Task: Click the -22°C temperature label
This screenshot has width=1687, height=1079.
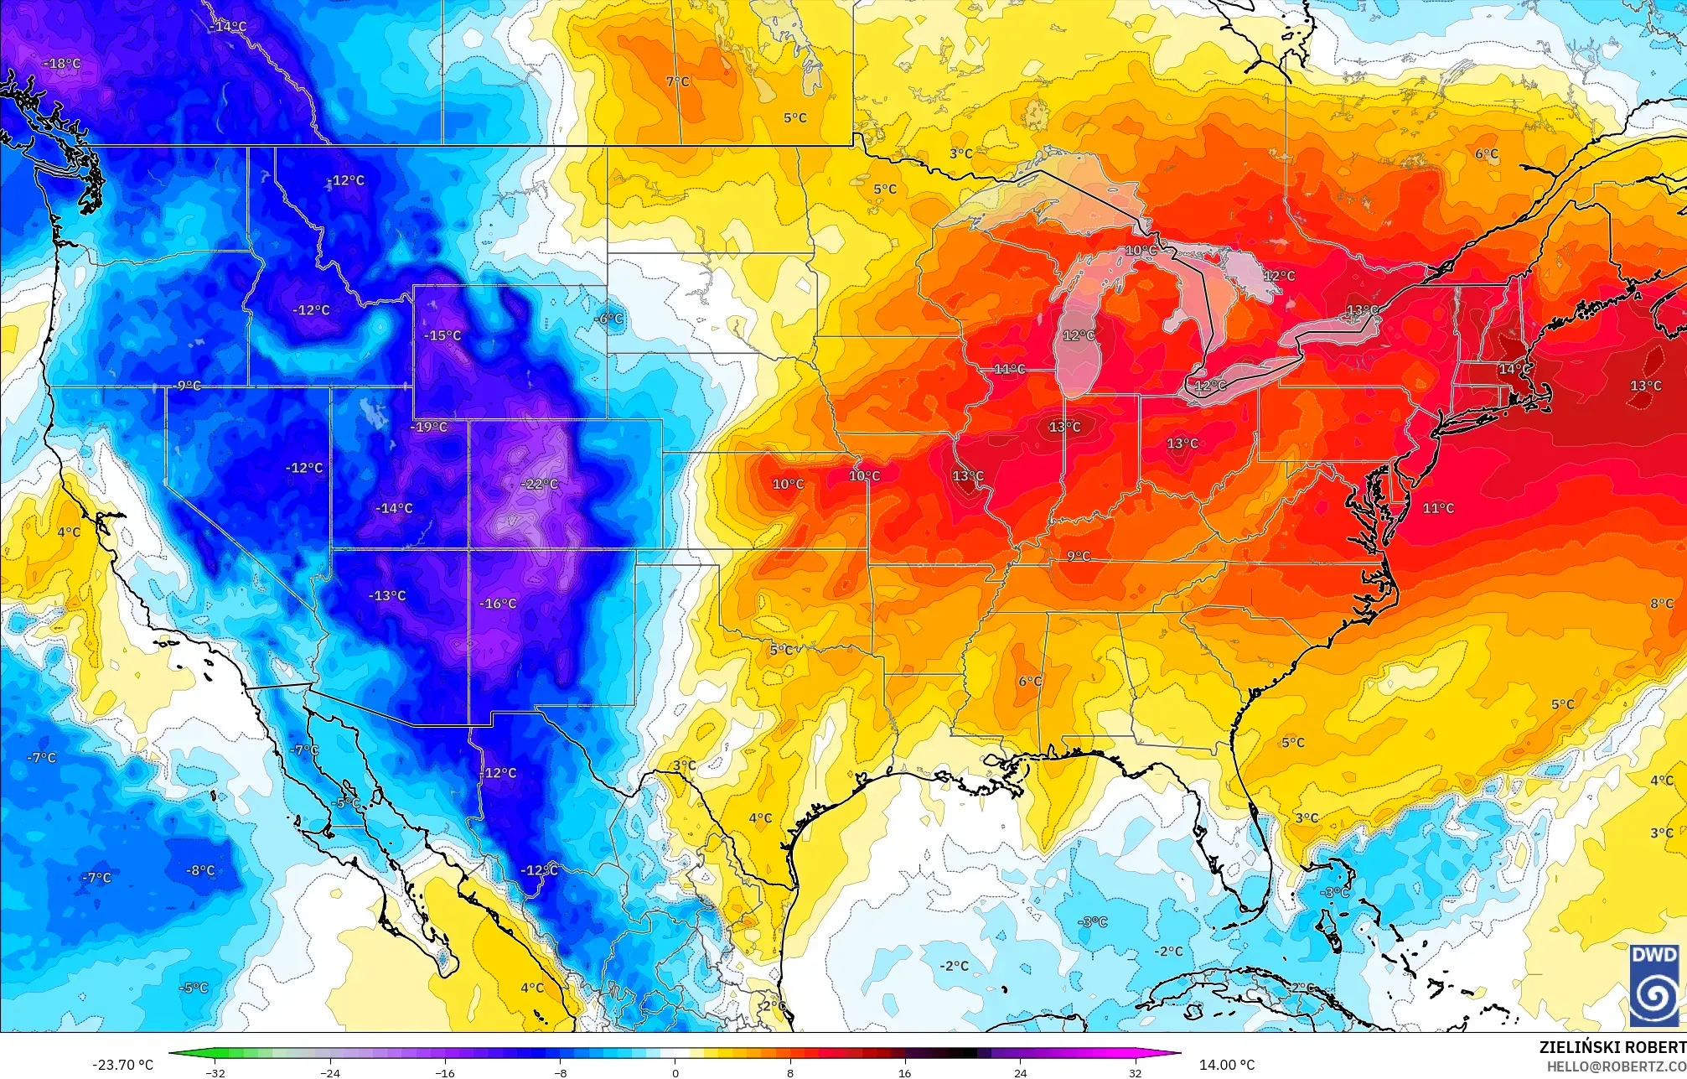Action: [x=539, y=484]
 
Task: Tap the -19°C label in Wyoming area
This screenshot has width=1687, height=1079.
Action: [x=428, y=427]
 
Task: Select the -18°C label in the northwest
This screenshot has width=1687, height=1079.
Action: [x=61, y=64]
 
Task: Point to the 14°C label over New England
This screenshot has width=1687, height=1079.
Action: [x=1514, y=369]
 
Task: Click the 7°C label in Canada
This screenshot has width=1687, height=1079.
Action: [x=677, y=81]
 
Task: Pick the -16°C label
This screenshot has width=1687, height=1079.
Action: [x=498, y=604]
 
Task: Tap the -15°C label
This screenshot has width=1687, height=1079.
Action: [x=442, y=335]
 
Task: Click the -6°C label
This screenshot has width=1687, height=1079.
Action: [x=608, y=319]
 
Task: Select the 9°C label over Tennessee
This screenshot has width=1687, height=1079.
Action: [x=1079, y=556]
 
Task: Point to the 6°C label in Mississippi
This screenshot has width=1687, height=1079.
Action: [x=1030, y=681]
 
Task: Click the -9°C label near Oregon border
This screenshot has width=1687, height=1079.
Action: [x=188, y=386]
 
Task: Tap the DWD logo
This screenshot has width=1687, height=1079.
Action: [x=1654, y=985]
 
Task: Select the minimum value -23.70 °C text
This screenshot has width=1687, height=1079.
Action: [x=123, y=1065]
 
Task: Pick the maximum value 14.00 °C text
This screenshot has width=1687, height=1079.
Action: [x=1227, y=1065]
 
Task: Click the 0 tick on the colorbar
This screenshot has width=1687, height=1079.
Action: [x=675, y=1072]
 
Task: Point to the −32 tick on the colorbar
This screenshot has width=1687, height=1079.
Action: [x=215, y=1072]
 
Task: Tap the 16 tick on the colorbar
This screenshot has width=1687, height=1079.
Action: [x=904, y=1072]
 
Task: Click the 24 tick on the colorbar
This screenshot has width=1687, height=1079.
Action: [x=1020, y=1072]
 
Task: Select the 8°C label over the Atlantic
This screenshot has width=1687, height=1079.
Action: [x=1661, y=604]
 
